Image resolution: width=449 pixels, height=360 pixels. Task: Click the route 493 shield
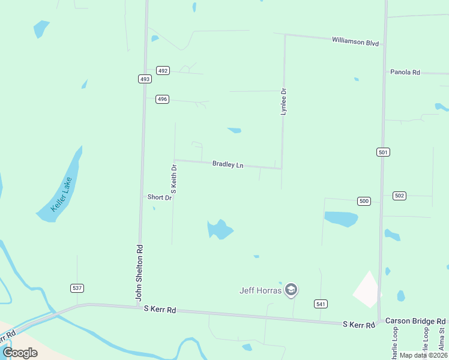pyautogui.click(x=144, y=79)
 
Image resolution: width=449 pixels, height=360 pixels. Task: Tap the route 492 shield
pyautogui.click(x=163, y=70)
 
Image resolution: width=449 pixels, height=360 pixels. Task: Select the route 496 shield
pyautogui.click(x=162, y=99)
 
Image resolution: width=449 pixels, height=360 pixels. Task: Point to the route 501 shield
pyautogui.click(x=383, y=152)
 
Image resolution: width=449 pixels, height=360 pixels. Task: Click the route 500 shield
pyautogui.click(x=363, y=201)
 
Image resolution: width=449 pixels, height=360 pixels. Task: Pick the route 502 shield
pyautogui.click(x=400, y=196)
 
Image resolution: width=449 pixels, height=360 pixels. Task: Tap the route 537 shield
pyautogui.click(x=77, y=288)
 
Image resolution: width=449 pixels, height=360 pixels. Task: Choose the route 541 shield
pyautogui.click(x=321, y=304)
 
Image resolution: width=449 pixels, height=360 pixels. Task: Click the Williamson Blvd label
pyautogui.click(x=356, y=41)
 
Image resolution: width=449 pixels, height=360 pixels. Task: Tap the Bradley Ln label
pyautogui.click(x=228, y=164)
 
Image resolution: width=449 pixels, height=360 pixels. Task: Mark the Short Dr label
pyautogui.click(x=160, y=197)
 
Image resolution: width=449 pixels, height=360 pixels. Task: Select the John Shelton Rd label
pyautogui.click(x=139, y=272)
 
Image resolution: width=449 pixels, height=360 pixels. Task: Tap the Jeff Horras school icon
pyautogui.click(x=291, y=290)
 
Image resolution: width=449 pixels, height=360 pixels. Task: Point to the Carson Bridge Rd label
pyautogui.click(x=415, y=321)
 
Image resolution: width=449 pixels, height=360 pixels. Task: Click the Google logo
pyautogui.click(x=20, y=352)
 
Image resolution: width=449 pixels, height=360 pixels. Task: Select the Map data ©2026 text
pyautogui.click(x=423, y=355)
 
